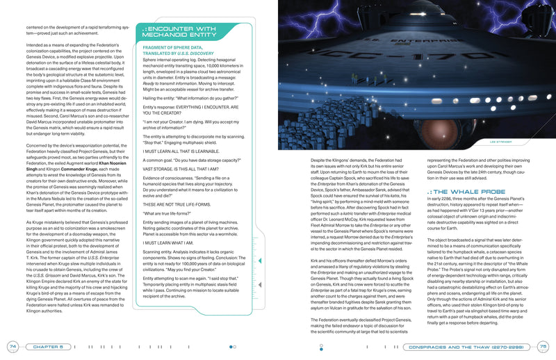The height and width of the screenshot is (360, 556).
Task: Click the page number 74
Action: pos(13,346)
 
